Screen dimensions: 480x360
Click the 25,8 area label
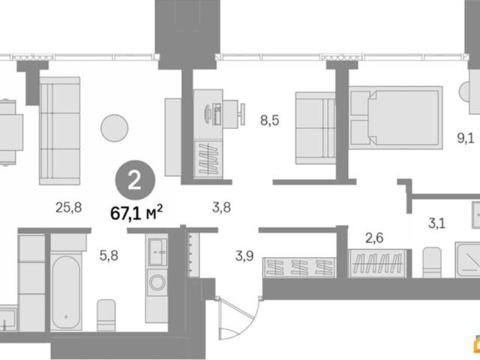coord(68,208)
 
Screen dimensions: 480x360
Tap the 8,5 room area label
coord(270,120)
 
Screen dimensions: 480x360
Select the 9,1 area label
coord(466,138)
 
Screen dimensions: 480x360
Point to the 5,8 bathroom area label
coord(109,255)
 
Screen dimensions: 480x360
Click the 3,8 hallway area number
coord(221,208)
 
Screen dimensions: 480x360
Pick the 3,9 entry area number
coord(244,256)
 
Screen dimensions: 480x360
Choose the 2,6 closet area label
coord(374,238)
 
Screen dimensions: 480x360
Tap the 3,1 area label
coord(436,223)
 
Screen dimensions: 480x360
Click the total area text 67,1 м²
coord(136,212)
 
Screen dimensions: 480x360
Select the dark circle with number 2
coord(135,180)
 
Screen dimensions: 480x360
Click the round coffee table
coord(115,128)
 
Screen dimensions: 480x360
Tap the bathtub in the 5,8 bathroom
coord(66,292)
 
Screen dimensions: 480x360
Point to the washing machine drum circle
coord(157,282)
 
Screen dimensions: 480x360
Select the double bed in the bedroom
coord(396,118)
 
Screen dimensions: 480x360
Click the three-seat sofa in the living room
coord(60,131)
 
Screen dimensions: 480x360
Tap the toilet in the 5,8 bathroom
coord(106,315)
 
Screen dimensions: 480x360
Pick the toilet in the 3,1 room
coord(432,262)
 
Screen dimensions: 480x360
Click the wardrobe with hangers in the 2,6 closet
coord(378,263)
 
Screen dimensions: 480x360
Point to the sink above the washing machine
coord(157,252)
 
